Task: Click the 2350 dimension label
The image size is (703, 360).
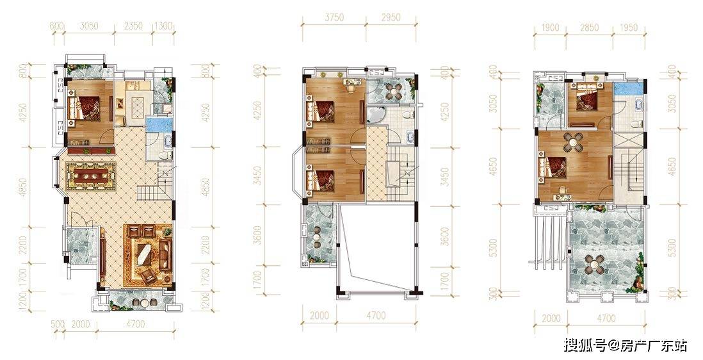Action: (133, 26)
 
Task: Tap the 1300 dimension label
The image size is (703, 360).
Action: (163, 26)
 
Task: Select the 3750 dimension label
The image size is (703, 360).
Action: (334, 17)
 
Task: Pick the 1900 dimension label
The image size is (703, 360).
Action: (550, 28)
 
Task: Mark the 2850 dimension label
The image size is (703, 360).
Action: (589, 28)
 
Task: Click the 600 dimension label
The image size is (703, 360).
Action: (56, 26)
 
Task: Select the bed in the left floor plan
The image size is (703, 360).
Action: (83, 108)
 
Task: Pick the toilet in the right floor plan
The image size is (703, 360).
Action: (635, 123)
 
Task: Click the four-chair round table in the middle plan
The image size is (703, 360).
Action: (394, 91)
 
